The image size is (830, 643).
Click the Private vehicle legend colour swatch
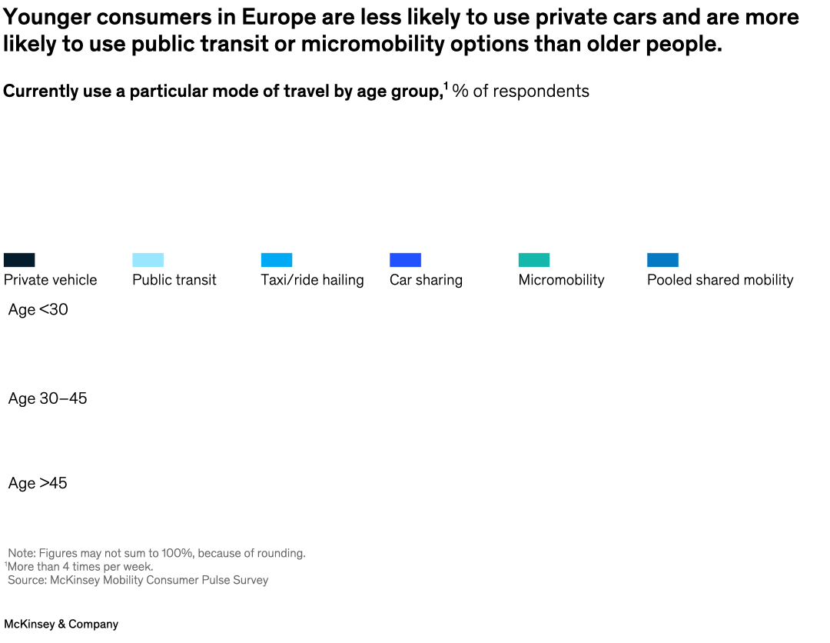[19, 260]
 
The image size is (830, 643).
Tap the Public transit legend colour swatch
[148, 260]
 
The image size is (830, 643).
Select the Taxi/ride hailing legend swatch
[277, 260]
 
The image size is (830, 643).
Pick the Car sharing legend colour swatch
[405, 260]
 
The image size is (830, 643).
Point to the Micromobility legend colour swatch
[534, 260]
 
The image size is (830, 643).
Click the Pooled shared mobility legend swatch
[662, 260]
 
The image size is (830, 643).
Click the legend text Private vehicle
[51, 280]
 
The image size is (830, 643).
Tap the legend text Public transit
[174, 280]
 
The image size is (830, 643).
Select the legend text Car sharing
[426, 280]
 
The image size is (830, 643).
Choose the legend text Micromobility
[561, 280]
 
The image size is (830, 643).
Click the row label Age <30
[38, 310]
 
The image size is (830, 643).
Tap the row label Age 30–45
[48, 398]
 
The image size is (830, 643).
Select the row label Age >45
[38, 483]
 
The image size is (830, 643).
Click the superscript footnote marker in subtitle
[446, 85]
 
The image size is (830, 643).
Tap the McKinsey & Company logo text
[61, 625]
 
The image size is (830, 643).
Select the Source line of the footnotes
[138, 580]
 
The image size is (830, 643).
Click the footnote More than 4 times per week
[80, 567]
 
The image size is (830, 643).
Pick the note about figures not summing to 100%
[157, 553]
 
